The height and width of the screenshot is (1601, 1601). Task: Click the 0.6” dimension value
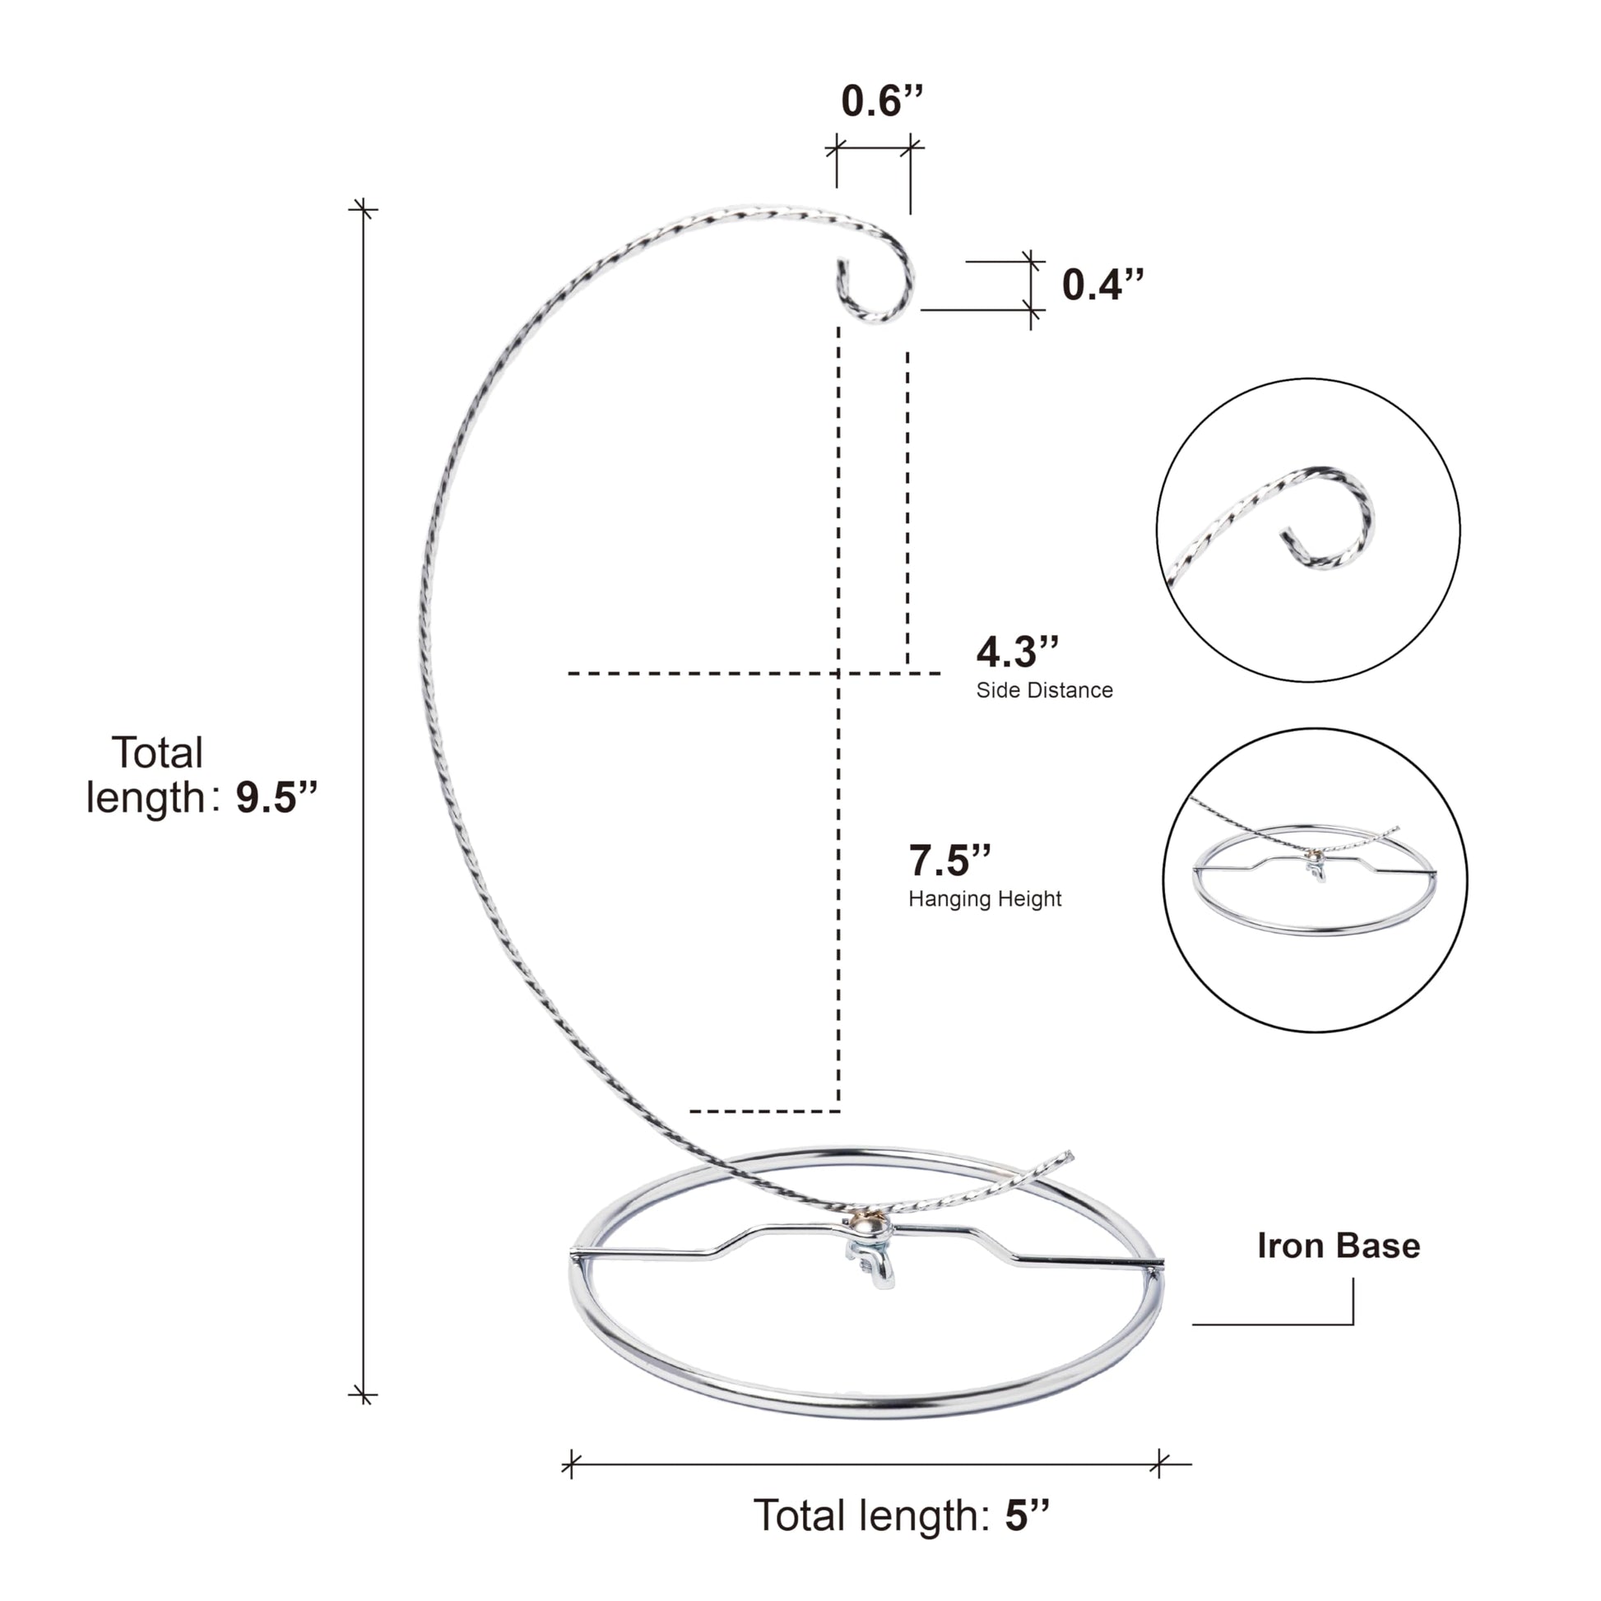[x=882, y=101]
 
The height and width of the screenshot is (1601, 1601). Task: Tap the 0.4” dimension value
[x=1103, y=284]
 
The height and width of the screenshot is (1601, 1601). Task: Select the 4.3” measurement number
[x=1018, y=652]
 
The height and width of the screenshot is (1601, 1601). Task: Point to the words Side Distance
[x=1044, y=690]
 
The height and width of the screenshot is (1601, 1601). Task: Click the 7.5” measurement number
[x=950, y=861]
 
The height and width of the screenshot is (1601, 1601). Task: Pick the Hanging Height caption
[x=985, y=899]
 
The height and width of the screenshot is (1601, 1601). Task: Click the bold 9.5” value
[x=276, y=797]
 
